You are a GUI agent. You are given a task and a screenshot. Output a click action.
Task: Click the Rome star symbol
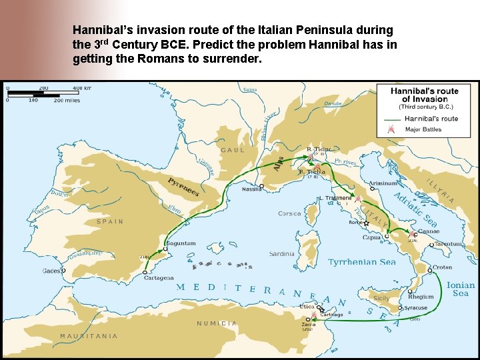366,224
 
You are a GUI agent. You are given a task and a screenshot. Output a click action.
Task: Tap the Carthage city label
331,315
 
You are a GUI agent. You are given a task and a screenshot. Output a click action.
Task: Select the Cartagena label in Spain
159,278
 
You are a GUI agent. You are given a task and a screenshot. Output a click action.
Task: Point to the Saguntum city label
181,243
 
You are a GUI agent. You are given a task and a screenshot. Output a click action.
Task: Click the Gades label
51,271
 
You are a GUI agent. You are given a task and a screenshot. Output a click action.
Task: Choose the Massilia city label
251,189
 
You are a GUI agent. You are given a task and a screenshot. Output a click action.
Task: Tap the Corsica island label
289,213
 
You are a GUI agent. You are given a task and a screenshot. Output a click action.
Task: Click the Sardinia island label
282,254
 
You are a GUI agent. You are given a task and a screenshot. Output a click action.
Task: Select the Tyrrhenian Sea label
362,262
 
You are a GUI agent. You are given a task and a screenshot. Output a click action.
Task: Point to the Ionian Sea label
461,289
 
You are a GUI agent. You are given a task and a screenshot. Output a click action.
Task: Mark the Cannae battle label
428,231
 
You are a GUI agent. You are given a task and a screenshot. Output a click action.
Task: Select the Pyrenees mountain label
183,186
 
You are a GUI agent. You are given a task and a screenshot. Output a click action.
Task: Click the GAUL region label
233,150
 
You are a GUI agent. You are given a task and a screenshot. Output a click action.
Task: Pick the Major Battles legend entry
424,129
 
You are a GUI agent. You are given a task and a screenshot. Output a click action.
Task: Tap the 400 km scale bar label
83,88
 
